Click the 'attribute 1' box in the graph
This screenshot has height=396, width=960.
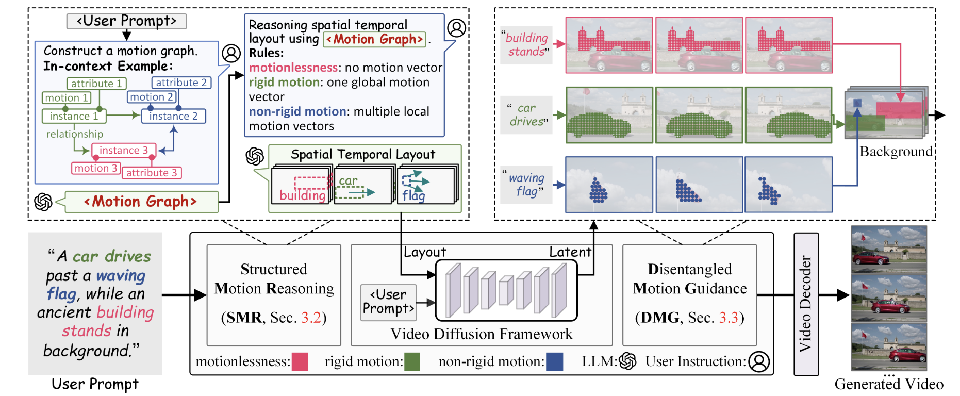[96, 84]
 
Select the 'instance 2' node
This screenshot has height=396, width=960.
[173, 116]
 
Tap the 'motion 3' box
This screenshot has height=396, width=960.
[95, 168]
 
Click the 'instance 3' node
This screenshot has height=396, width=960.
[123, 150]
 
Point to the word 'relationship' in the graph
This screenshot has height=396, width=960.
[75, 134]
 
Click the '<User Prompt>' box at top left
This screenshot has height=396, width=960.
[126, 21]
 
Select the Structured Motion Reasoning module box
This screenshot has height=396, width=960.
[274, 294]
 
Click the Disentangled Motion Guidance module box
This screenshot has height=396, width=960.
[689, 294]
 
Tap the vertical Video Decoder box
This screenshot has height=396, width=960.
[806, 304]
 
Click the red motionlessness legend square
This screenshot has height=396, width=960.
[300, 361]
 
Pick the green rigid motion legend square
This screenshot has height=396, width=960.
[412, 361]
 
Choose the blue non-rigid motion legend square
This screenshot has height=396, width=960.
[554, 361]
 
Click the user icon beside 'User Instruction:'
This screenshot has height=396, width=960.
[759, 361]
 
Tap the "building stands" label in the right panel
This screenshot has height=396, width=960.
[526, 45]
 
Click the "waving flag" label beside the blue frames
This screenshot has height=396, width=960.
[526, 185]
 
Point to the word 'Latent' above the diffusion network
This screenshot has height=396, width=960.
[570, 252]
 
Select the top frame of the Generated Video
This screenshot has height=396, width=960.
[888, 249]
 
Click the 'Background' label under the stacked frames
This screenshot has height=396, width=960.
[896, 152]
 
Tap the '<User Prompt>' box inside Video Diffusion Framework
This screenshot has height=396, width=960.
[388, 302]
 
